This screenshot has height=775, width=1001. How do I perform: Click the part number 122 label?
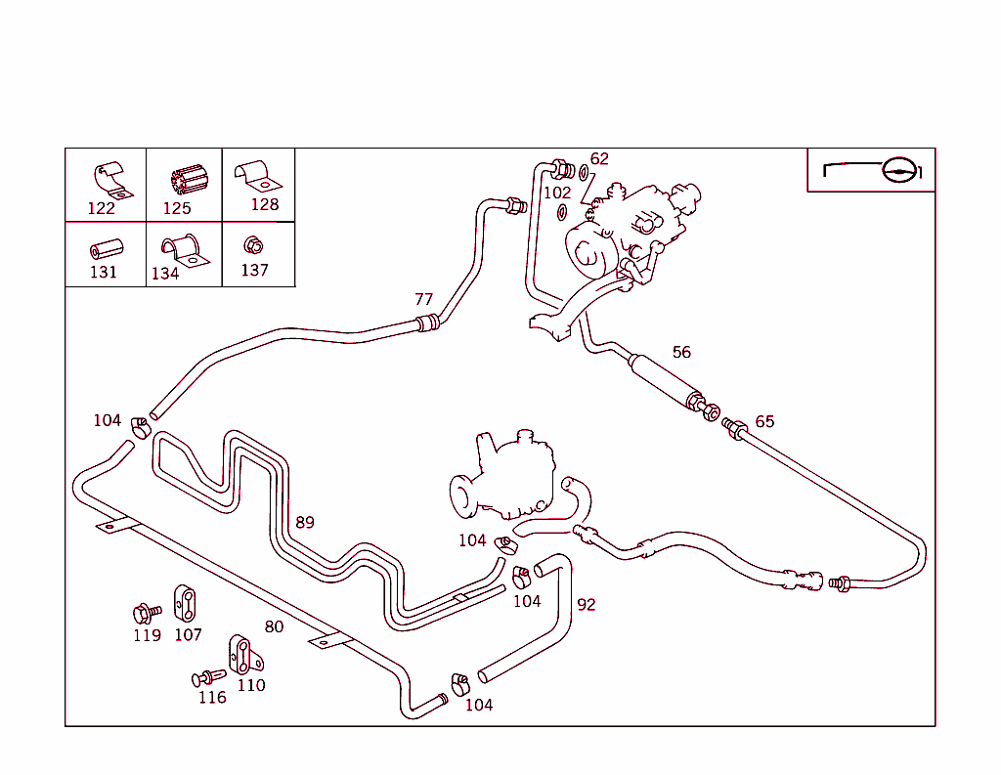pyautogui.click(x=102, y=208)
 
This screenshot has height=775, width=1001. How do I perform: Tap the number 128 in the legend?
pyautogui.click(x=265, y=204)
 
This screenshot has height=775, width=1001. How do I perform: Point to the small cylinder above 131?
pyautogui.click(x=104, y=246)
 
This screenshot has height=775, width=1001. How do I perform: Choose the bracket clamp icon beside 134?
pyautogui.click(x=182, y=250)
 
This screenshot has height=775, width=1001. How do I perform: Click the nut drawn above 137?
pyautogui.click(x=252, y=244)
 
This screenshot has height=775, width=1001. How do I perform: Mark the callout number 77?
pyautogui.click(x=423, y=299)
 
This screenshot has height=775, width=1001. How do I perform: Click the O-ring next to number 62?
pyautogui.click(x=585, y=174)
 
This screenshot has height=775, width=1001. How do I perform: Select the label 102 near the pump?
pyautogui.click(x=557, y=194)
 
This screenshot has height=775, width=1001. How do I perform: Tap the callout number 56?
pyautogui.click(x=681, y=352)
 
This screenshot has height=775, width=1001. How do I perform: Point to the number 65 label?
pyautogui.click(x=764, y=421)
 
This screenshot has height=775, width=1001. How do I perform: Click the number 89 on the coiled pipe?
pyautogui.click(x=305, y=522)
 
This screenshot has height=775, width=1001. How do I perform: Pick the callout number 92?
pyautogui.click(x=586, y=605)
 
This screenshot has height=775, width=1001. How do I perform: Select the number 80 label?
pyautogui.click(x=274, y=626)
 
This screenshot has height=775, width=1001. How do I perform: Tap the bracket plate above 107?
pyautogui.click(x=185, y=603)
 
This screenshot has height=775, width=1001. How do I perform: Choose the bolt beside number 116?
pyautogui.click(x=207, y=677)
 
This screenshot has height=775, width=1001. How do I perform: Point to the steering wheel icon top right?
pyautogui.click(x=898, y=170)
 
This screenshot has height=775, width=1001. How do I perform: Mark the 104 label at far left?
pyautogui.click(x=108, y=420)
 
